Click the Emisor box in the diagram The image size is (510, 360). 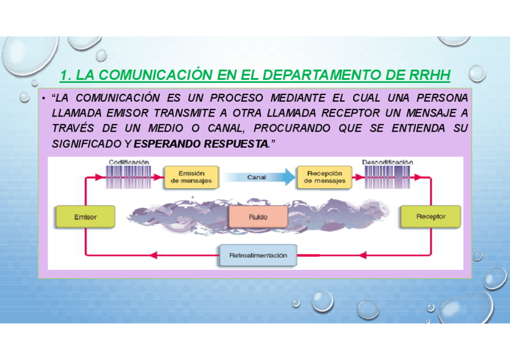(x=85, y=216)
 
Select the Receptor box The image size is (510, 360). (x=431, y=216)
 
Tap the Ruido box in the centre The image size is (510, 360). (x=258, y=216)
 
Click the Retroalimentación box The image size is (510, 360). (x=258, y=255)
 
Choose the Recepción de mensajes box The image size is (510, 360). (x=325, y=177)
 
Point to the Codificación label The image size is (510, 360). (x=129, y=162)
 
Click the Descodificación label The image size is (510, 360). (x=387, y=162)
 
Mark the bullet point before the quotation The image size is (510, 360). (x=45, y=99)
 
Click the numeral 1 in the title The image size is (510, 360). (x=66, y=75)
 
